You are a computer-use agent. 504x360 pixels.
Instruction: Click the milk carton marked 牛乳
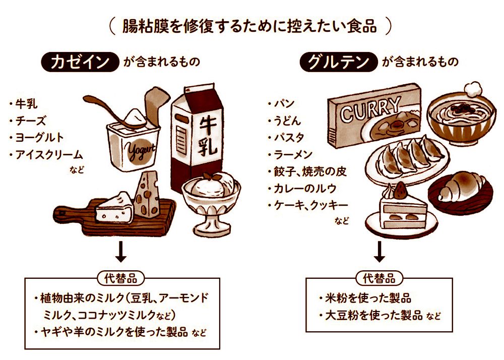tap(198, 139)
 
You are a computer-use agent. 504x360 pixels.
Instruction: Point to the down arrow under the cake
tap(380, 251)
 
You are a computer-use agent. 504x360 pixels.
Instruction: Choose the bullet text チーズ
tap(31, 121)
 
